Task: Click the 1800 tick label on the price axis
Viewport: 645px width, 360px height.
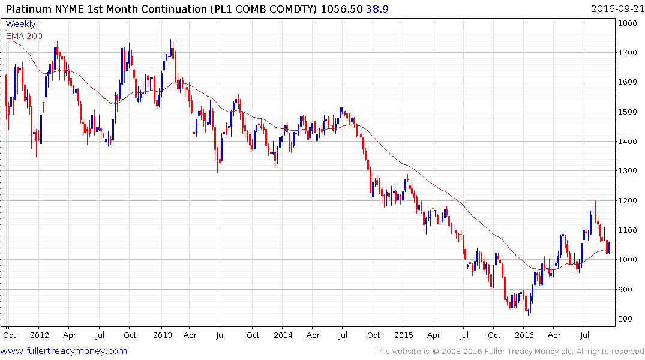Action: (x=629, y=23)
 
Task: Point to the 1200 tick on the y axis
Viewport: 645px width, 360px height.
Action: (x=629, y=201)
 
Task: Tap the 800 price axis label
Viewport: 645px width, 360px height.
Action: (x=627, y=319)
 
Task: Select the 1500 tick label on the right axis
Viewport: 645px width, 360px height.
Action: (x=629, y=112)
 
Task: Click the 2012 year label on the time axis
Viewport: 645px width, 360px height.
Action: (x=40, y=335)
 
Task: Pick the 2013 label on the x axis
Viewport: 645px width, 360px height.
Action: (x=162, y=335)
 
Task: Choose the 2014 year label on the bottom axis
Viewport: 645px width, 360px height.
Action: (x=283, y=335)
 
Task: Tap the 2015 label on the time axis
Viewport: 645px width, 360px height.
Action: (x=404, y=335)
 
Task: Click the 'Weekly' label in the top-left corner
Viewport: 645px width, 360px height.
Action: (x=20, y=25)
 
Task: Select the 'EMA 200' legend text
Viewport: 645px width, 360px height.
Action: (x=24, y=36)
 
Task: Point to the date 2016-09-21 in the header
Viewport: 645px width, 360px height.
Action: (x=616, y=9)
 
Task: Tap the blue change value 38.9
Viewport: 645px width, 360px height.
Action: (x=377, y=9)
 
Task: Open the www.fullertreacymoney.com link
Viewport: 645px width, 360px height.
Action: (x=65, y=351)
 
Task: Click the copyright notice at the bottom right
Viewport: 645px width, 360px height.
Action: (x=509, y=352)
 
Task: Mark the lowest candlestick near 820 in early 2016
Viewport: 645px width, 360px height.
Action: (x=529, y=311)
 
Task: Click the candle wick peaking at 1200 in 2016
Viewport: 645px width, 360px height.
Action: (x=595, y=203)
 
